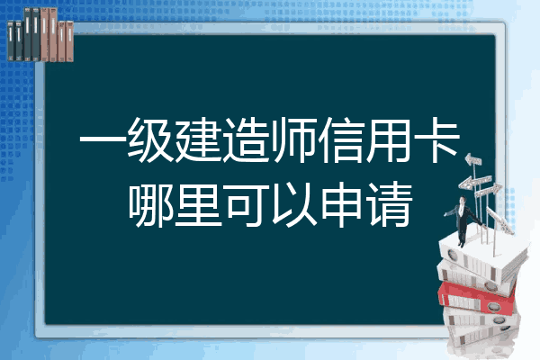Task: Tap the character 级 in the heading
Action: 150,140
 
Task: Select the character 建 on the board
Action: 198,140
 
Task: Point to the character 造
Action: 246,140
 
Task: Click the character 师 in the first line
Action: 293,140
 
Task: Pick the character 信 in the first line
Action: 341,140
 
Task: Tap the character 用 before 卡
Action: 388,140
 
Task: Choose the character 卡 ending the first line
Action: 436,140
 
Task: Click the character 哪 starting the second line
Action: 150,204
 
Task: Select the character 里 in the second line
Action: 198,204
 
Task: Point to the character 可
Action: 246,204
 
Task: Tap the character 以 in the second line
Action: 293,204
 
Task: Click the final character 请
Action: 389,204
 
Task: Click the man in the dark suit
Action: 463,220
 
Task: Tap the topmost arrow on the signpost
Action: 473,160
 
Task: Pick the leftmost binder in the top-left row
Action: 11,40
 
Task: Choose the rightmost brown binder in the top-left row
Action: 69,41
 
